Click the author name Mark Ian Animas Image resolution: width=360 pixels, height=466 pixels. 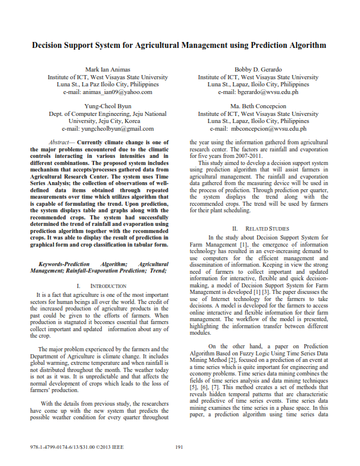108,69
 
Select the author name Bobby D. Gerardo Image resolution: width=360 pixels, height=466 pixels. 258,69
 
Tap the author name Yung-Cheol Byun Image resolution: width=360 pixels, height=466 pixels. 108,106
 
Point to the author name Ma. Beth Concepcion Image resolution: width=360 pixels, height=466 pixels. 258,106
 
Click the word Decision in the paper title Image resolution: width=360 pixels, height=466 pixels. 50,45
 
